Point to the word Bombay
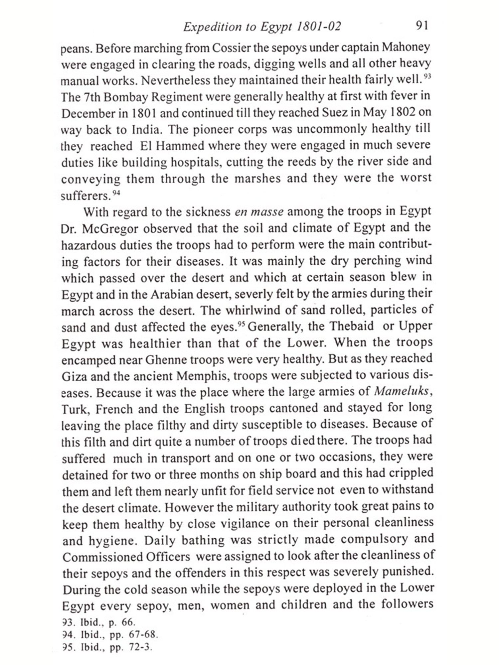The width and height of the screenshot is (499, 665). pos(125,97)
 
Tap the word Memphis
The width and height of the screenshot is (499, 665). pos(203,376)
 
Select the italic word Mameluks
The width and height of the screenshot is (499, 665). pos(401,391)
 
